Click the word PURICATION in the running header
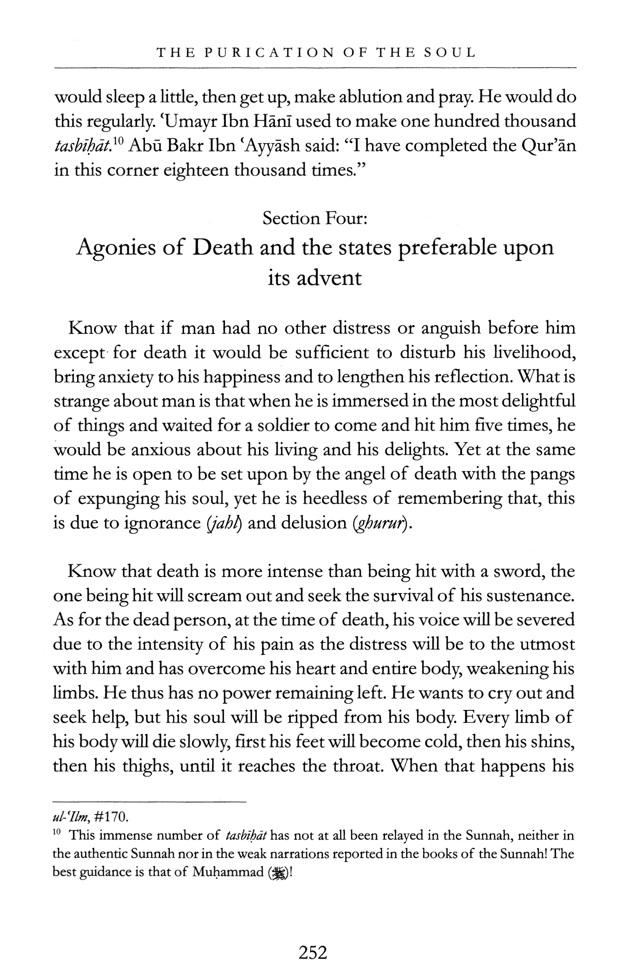270,53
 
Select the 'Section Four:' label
315,219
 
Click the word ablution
380,98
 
